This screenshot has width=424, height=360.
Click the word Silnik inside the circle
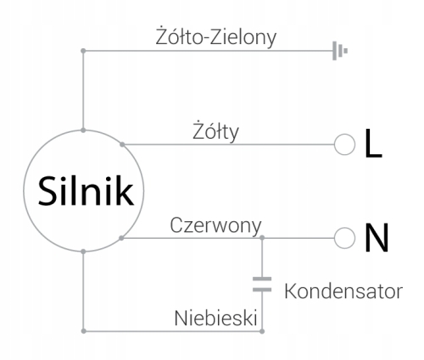pos(86,191)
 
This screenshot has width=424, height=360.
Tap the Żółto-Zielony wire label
pos(216,36)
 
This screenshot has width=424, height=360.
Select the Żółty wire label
pos(215,131)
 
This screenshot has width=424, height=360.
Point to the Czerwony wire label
pos(215,225)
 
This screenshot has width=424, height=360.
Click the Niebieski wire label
pos(215,318)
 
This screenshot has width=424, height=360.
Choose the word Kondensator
pos(343,291)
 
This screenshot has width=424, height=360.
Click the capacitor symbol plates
pos(262,285)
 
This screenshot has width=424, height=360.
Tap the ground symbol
pos(340,51)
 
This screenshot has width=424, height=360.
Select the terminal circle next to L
pos(344,144)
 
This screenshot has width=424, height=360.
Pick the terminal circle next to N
pos(344,238)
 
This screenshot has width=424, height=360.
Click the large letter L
pos(373,143)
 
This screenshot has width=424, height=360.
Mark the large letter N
pos(377,237)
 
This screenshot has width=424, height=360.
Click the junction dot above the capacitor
pos(262,238)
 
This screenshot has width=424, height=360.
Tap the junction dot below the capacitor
pos(262,331)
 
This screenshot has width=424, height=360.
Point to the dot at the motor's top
pos(83,130)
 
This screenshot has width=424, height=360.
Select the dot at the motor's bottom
pos(83,252)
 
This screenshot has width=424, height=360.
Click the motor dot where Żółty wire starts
pos(122,145)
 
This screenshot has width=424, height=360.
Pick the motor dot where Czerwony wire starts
pos(121,238)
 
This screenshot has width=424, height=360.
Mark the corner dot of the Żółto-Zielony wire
pos(83,51)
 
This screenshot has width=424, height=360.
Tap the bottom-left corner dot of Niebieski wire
pos(83,331)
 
